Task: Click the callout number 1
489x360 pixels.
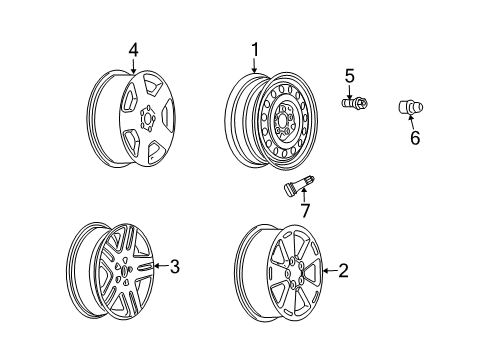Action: (x=254, y=49)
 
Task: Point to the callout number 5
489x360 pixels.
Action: (x=349, y=74)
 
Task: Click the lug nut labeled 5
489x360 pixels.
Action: (x=352, y=101)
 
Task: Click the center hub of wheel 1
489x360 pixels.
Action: (x=286, y=128)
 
